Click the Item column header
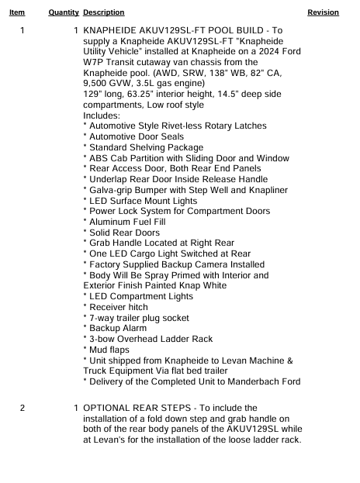click(16, 12)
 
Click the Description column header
click(103, 12)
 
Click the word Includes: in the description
click(102, 115)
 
